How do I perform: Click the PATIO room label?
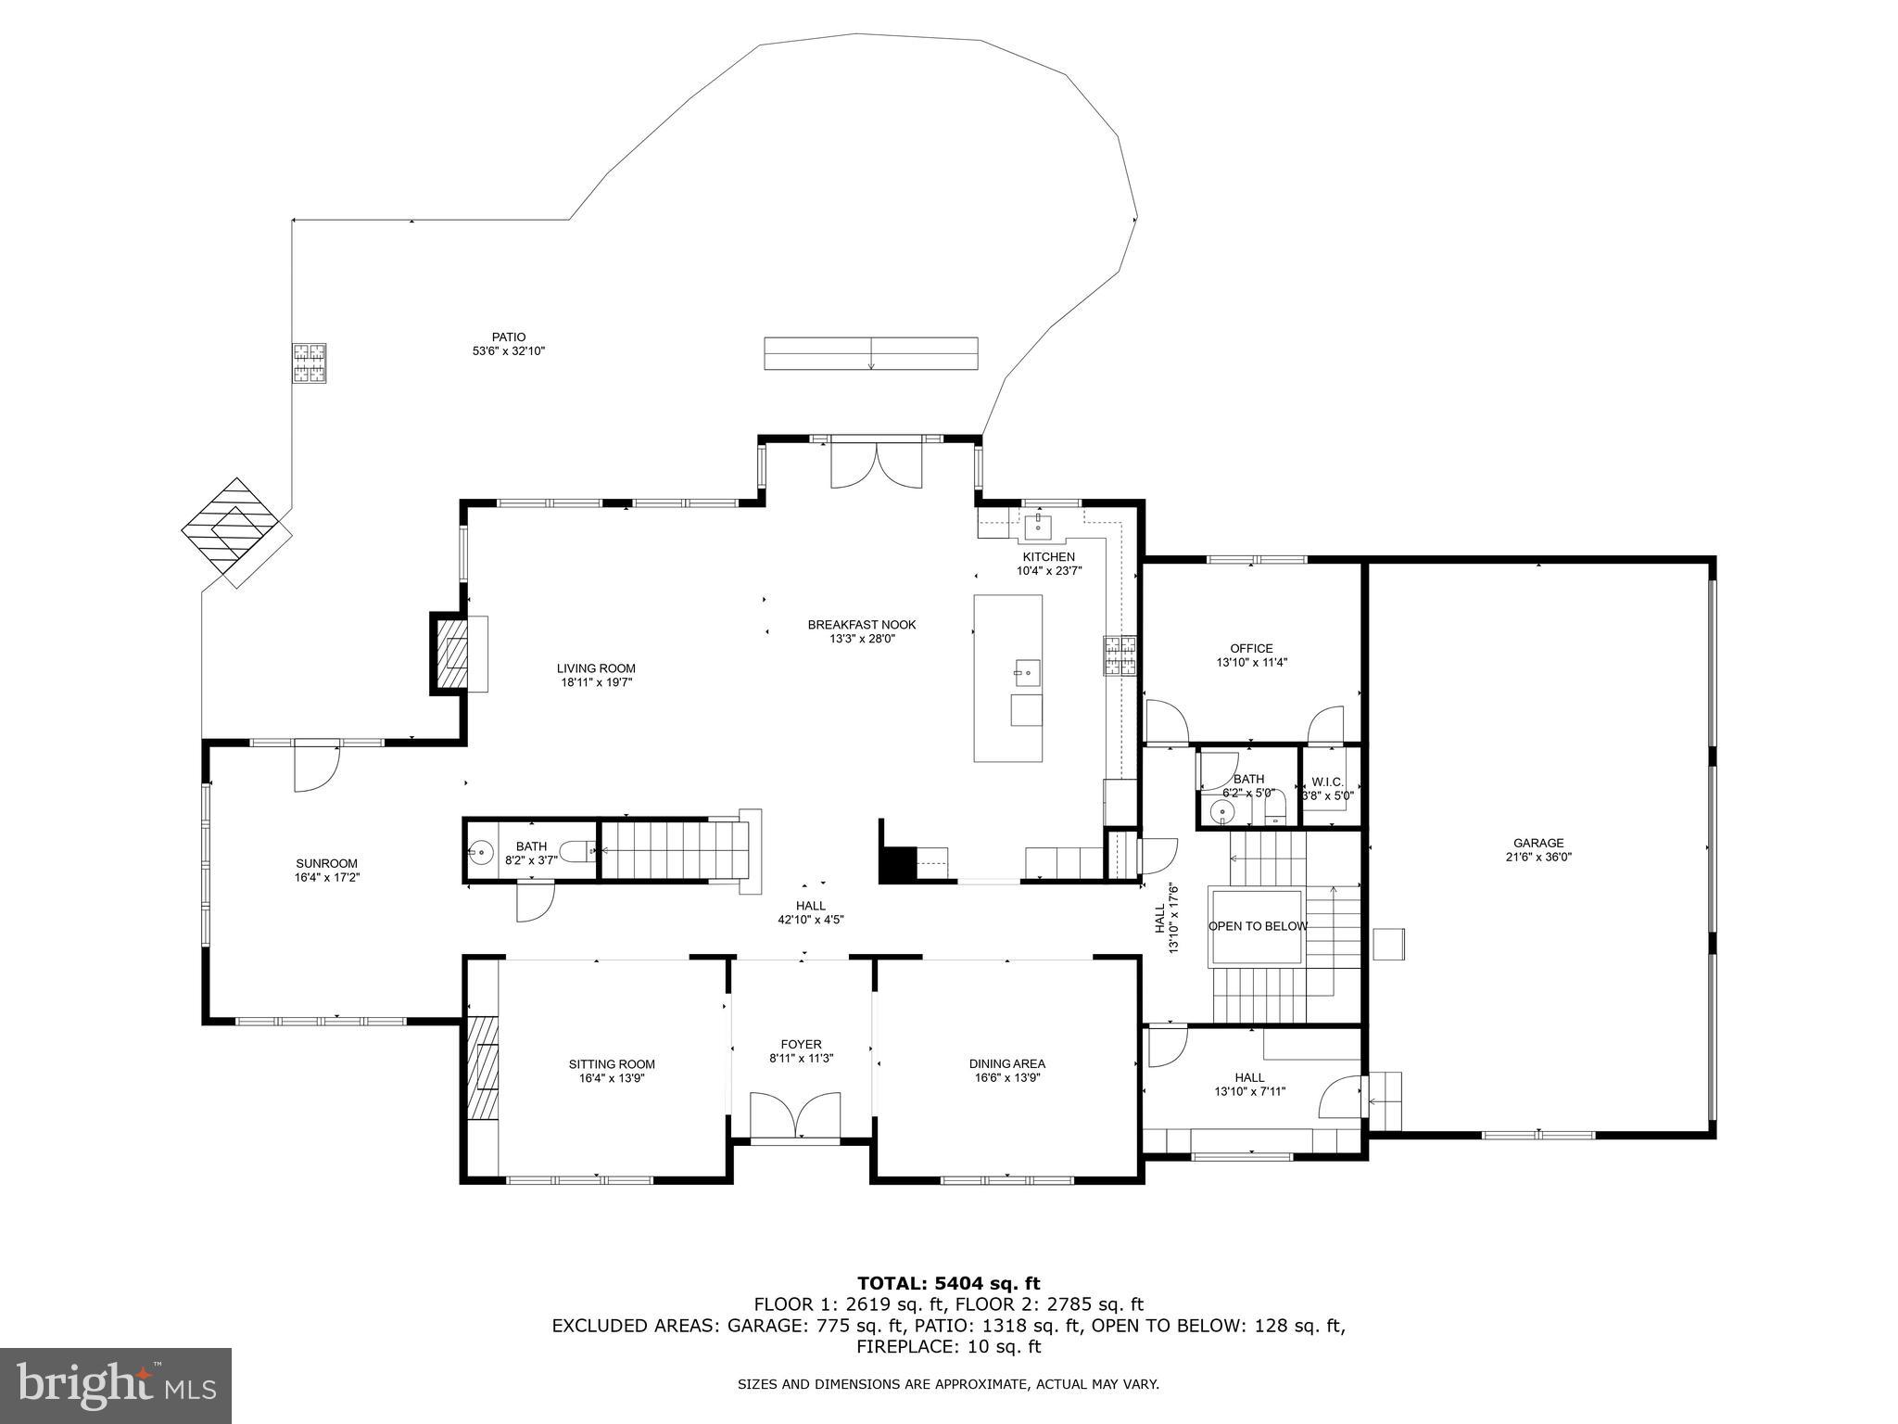click(508, 337)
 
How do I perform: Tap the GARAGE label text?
click(1538, 843)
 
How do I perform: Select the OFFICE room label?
click(1251, 648)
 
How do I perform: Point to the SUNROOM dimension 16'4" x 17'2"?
click(327, 876)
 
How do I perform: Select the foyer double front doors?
click(795, 1115)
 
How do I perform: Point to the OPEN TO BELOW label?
click(1258, 926)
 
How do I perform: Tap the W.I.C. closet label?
click(1327, 782)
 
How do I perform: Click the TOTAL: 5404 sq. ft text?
click(948, 1283)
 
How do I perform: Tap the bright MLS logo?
click(116, 1385)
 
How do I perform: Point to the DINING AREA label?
click(1007, 1063)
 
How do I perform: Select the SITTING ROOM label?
click(612, 1064)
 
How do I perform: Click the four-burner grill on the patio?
click(310, 362)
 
